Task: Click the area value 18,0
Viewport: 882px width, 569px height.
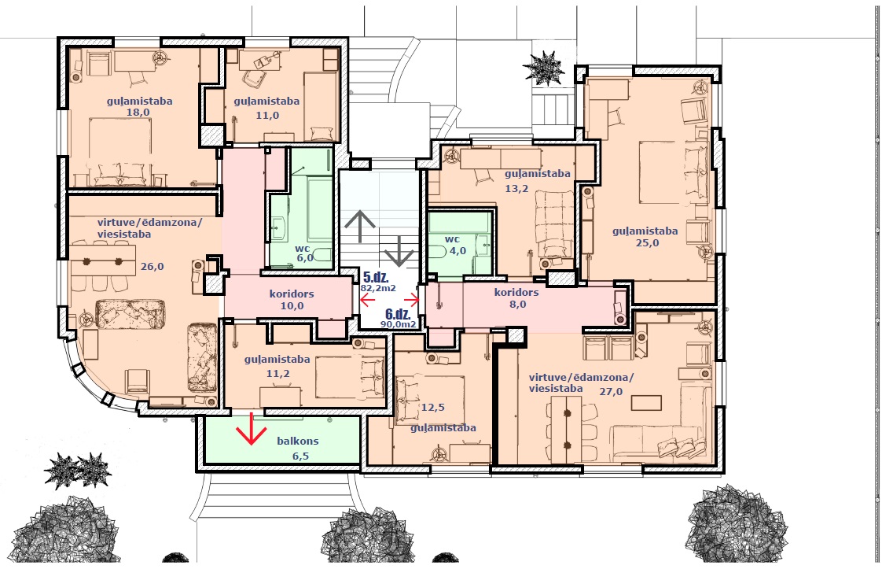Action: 138,112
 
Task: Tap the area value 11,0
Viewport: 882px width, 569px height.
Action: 267,116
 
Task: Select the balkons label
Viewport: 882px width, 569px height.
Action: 298,442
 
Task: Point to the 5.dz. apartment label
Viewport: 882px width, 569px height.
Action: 376,277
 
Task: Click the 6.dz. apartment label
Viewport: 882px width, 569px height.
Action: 399,314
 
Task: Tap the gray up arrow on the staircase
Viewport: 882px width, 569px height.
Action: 360,226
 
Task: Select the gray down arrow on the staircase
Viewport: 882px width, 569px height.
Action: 399,251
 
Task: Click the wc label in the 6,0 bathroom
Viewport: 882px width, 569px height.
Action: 302,249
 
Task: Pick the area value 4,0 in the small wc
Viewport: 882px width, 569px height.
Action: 458,251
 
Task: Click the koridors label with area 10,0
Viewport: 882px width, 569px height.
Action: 292,294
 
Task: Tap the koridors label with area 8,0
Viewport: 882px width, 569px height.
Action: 516,293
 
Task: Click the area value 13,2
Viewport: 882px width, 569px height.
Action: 516,189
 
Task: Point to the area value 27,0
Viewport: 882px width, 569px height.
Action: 611,392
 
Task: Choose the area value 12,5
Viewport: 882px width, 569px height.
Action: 432,408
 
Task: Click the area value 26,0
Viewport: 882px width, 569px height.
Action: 152,267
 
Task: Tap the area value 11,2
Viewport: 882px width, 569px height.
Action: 277,374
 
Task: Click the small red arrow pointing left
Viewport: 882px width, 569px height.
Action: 367,301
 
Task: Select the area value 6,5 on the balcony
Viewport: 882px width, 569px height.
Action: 300,456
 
